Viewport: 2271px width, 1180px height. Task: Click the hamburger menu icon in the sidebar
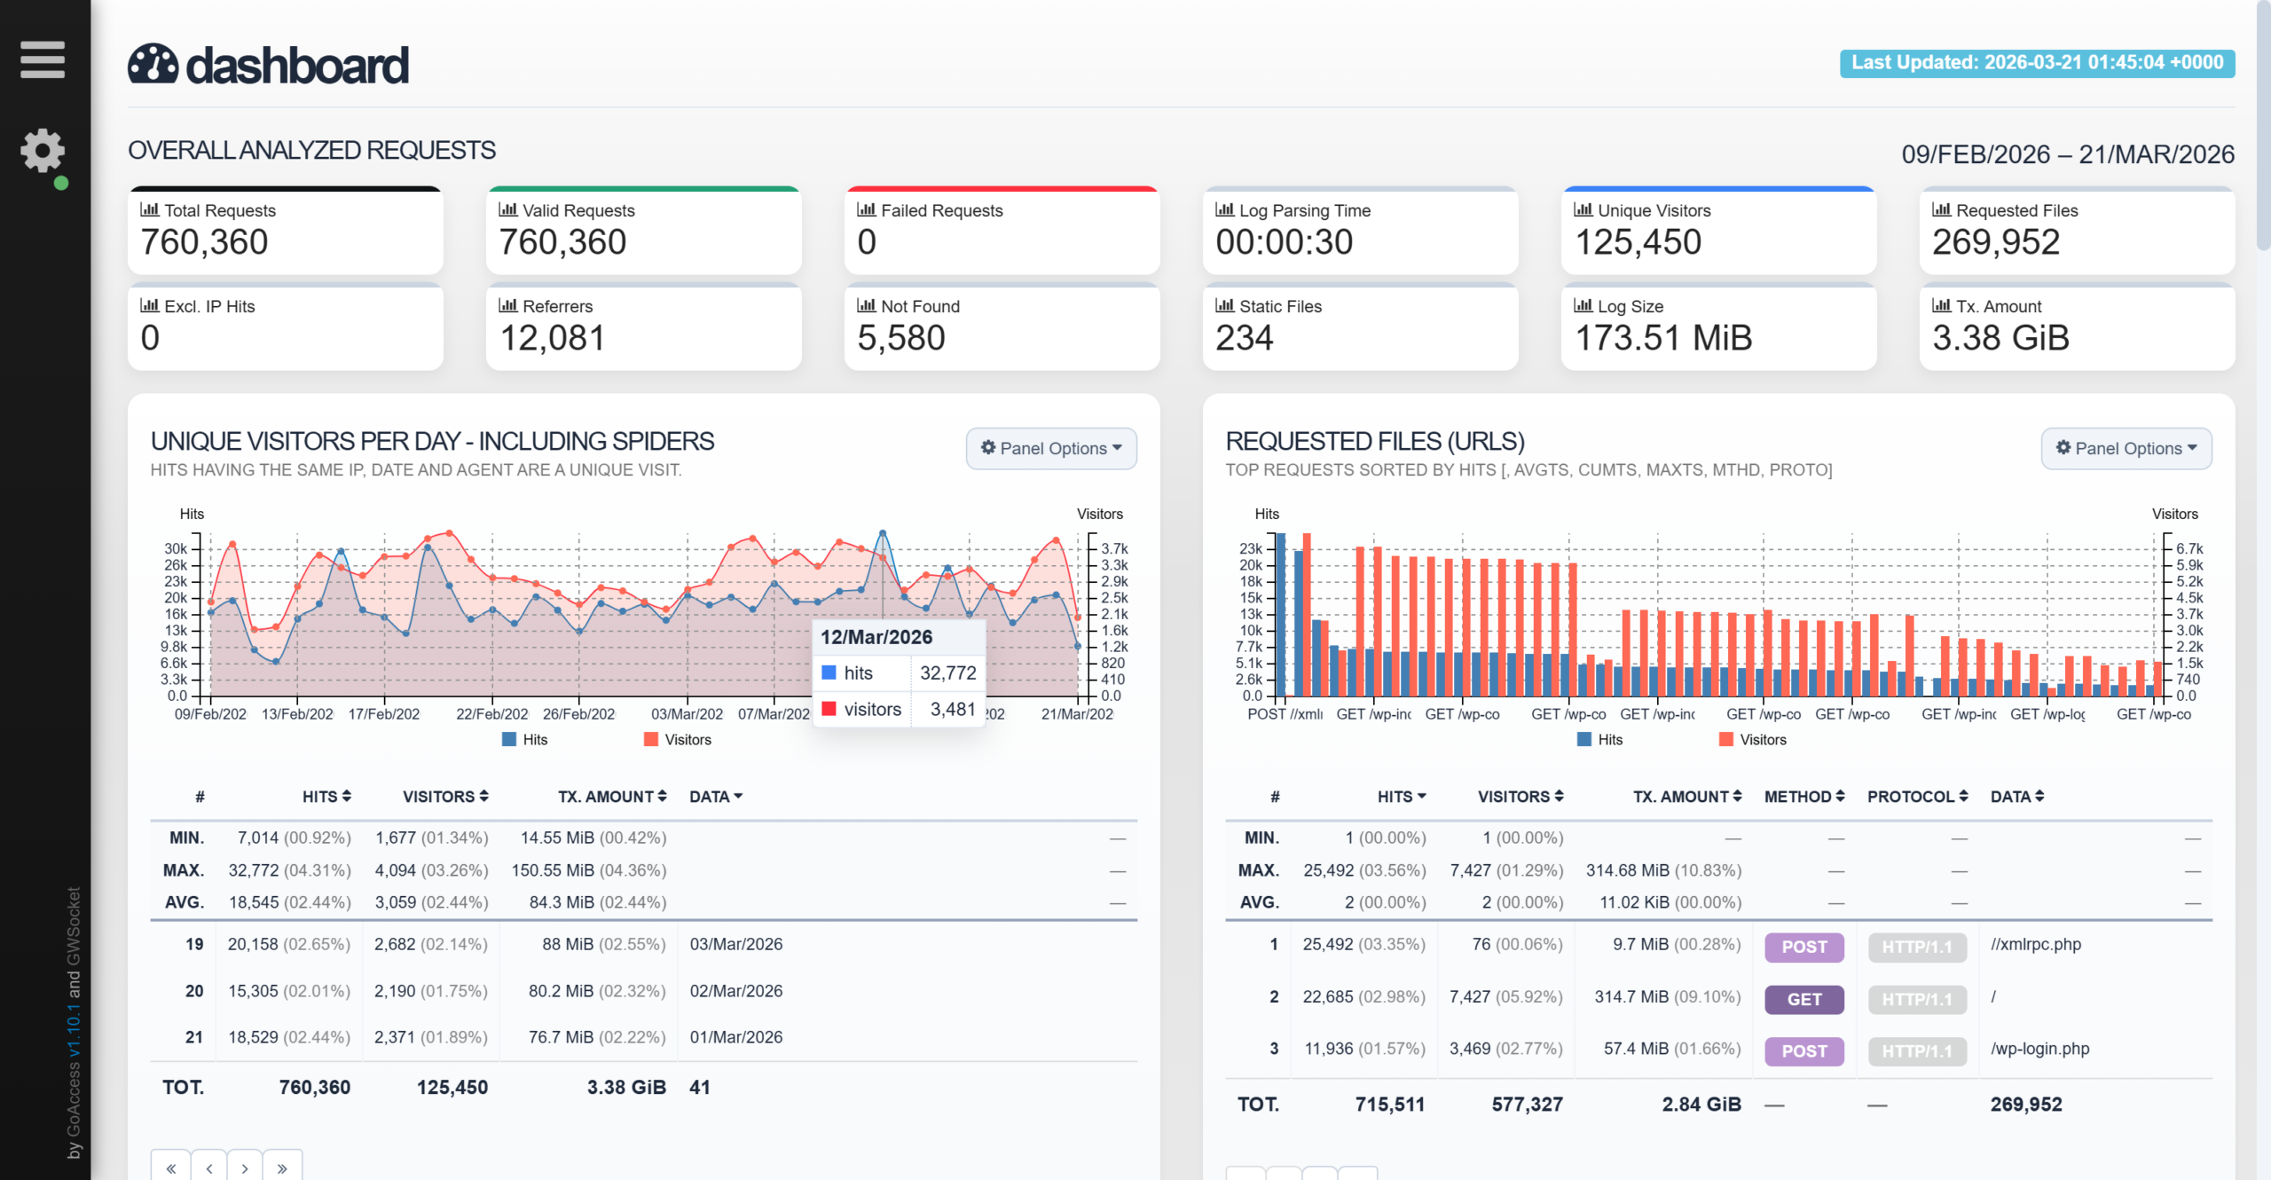pos(43,59)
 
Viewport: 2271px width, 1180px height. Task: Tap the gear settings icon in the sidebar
pos(43,151)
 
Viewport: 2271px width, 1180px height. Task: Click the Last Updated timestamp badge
pos(2037,63)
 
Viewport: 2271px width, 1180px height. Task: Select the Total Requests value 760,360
pos(204,242)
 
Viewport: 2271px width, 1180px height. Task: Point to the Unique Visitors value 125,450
pos(1638,242)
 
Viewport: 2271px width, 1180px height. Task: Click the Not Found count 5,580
pos(901,338)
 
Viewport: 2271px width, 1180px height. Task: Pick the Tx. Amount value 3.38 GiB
pos(2000,338)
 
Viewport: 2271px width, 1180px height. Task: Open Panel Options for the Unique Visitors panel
pos(1051,449)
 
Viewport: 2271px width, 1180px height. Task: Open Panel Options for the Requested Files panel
pos(2126,449)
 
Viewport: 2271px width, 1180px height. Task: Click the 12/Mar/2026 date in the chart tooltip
pos(876,637)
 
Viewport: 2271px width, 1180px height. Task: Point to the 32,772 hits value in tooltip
pos(948,673)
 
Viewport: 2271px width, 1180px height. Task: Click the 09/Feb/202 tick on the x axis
pos(210,714)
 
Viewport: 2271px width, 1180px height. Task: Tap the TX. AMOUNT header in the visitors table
pos(612,797)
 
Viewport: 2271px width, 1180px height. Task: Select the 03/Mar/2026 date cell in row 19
pos(736,945)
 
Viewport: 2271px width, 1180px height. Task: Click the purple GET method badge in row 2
pos(1804,1000)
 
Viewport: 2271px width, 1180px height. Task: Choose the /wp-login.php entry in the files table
pos(2040,1050)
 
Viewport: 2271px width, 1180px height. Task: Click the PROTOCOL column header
pos(1918,797)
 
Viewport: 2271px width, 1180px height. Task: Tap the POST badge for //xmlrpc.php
pos(1804,948)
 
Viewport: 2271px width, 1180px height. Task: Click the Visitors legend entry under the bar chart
pos(1753,740)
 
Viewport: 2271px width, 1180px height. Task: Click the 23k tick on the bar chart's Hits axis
pos(1251,549)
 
